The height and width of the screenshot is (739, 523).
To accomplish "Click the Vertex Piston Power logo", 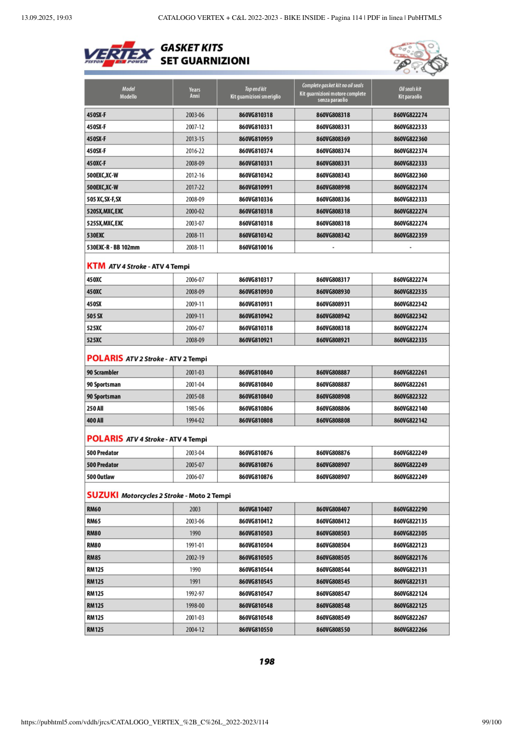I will tap(119, 54).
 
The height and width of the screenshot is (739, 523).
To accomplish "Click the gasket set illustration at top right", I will tap(415, 57).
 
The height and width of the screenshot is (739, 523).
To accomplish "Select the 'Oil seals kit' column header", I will tap(410, 92).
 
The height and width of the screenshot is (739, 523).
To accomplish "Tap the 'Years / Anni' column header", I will tap(194, 92).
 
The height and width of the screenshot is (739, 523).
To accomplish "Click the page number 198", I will tap(266, 662).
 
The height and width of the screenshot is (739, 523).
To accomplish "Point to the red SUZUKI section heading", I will tap(102, 495).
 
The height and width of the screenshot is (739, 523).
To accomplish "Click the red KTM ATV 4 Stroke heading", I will tap(95, 266).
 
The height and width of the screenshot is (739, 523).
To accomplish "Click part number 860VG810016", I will tap(255, 248).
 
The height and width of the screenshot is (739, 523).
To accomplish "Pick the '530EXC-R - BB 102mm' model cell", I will tap(113, 248).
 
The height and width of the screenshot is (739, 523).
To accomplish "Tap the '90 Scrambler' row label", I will tap(102, 372).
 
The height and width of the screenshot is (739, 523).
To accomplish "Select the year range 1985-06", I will tap(194, 408).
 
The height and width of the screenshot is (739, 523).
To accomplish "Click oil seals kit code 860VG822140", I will tap(410, 408).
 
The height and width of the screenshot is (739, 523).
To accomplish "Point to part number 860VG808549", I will tap(333, 618).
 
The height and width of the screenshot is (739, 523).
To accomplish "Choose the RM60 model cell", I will tap(94, 509).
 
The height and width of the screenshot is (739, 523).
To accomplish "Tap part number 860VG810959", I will tap(255, 139).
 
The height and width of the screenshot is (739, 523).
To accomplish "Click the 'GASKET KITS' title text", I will tap(192, 47).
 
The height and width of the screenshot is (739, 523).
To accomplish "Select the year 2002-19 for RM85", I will tap(194, 558).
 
